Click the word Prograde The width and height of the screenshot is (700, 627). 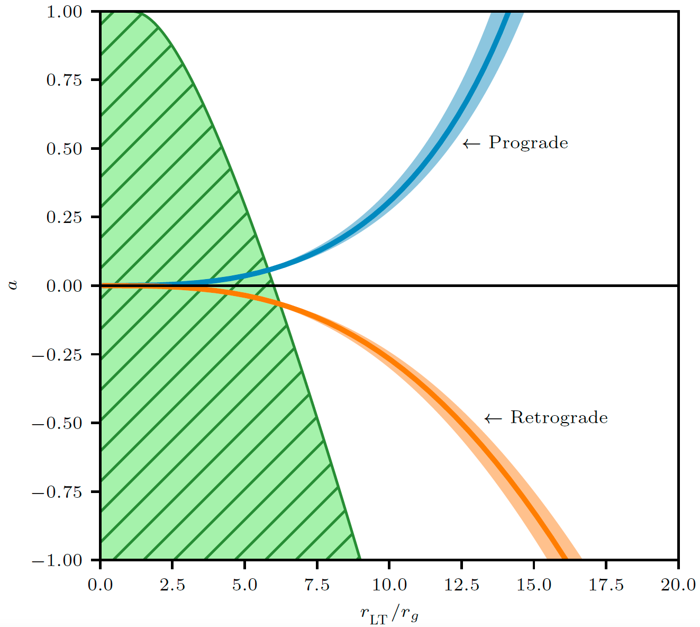[528, 143]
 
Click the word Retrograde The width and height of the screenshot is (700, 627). [559, 418]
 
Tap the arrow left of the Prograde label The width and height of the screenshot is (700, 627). [471, 144]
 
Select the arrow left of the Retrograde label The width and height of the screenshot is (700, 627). [493, 418]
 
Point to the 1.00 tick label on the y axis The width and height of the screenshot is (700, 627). [64, 12]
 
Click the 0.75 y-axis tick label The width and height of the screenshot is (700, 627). [64, 80]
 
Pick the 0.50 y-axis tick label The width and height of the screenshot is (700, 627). [64, 149]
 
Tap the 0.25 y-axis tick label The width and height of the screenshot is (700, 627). [64, 217]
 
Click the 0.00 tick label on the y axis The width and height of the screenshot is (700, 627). [64, 286]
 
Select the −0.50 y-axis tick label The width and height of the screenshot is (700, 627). [57, 423]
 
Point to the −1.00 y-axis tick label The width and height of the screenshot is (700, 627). [57, 560]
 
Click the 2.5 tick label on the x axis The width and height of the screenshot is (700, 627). [172, 585]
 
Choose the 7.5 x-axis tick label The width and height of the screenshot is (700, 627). [317, 585]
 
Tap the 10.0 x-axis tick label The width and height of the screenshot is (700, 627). [389, 585]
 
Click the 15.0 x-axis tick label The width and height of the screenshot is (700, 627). [533, 585]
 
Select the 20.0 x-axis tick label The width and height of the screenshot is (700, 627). [678, 585]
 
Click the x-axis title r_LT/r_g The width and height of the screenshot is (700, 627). [389, 614]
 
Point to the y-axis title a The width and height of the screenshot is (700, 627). [13, 285]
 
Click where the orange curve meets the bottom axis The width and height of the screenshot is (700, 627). [565, 559]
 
